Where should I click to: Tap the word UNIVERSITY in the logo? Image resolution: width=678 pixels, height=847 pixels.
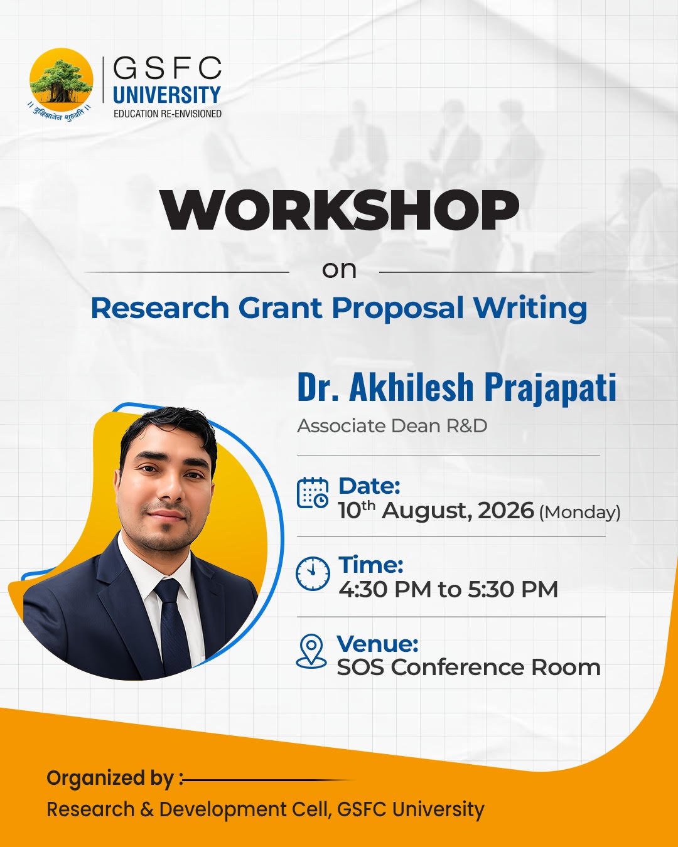pos(167,95)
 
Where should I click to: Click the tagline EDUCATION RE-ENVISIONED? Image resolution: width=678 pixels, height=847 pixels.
pos(168,114)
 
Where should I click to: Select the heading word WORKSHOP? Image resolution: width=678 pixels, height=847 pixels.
pos(340,210)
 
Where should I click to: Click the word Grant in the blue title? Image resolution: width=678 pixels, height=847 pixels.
pos(280,307)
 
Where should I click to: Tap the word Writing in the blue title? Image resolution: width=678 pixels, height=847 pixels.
pos(530,309)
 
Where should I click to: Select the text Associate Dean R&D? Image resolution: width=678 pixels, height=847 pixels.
pos(392,426)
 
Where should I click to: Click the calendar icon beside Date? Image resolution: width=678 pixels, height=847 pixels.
pos(313,493)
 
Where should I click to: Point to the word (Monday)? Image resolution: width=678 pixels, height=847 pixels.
pos(579,513)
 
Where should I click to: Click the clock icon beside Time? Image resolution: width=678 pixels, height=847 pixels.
pos(313,573)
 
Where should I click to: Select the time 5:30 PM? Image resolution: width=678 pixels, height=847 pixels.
pos(513,590)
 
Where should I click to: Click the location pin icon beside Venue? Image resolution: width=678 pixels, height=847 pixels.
pos(311,652)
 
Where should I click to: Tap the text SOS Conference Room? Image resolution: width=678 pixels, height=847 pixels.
pos(468,668)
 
